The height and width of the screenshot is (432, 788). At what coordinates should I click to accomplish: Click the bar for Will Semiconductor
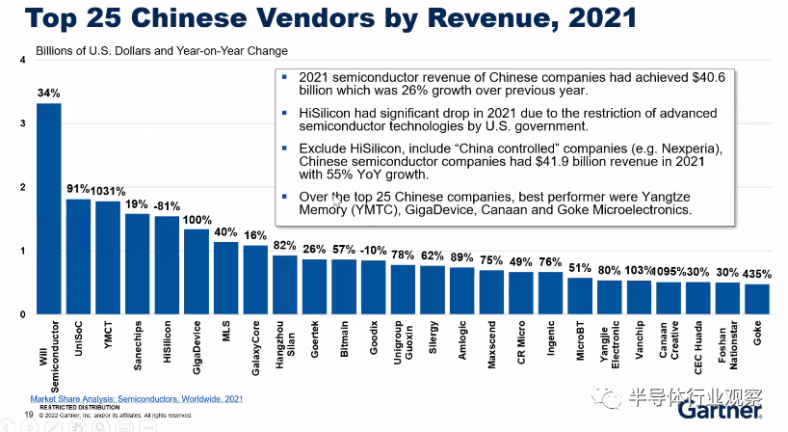(x=49, y=208)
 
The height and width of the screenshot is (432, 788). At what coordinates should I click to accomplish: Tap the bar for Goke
(x=757, y=299)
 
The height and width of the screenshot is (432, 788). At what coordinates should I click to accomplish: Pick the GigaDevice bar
(x=196, y=271)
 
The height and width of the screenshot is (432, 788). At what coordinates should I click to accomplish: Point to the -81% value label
(x=168, y=205)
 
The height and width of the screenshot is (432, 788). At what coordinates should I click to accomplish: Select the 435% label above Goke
(x=758, y=273)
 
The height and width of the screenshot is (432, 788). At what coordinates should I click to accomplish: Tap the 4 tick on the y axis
(x=22, y=61)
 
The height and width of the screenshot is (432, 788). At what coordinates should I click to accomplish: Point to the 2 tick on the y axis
(x=22, y=188)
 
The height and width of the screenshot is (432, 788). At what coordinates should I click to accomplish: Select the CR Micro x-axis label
(x=521, y=341)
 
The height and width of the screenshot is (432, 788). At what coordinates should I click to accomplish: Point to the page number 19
(x=30, y=415)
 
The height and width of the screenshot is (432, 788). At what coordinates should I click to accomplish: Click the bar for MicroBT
(x=580, y=296)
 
